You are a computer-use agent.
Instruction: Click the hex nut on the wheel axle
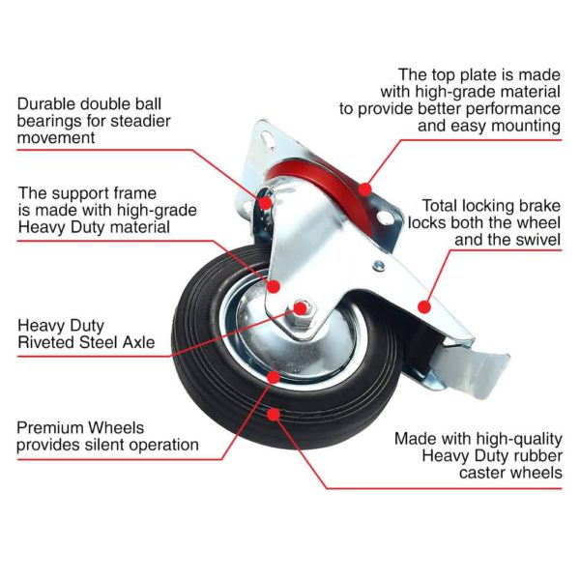click(299, 309)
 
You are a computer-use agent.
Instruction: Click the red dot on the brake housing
click(422, 306)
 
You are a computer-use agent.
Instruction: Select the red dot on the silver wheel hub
click(274, 377)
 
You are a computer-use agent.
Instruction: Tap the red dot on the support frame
click(275, 287)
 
